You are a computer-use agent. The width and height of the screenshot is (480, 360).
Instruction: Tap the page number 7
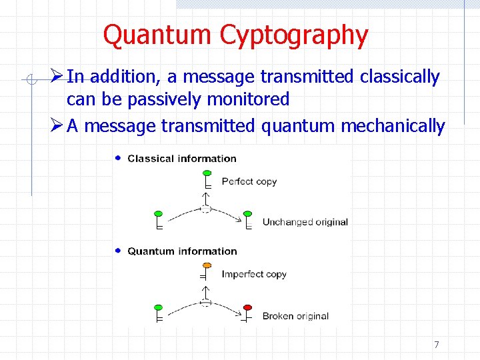(436, 345)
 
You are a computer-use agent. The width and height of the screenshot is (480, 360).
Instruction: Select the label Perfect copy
(249, 181)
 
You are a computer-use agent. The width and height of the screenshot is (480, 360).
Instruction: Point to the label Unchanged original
(305, 222)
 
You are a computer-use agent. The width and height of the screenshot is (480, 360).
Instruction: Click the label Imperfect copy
(253, 274)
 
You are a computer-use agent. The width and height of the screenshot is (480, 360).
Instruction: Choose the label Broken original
(295, 316)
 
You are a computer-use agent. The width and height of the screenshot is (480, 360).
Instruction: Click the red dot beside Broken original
(248, 307)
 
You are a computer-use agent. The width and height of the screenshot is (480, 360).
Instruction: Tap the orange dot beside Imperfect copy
(207, 265)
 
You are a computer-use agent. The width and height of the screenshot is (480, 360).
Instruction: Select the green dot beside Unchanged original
(248, 214)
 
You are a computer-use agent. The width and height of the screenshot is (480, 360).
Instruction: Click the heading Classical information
(181, 159)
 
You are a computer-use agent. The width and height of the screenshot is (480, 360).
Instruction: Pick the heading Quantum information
(182, 251)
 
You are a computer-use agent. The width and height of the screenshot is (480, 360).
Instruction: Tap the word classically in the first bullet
(399, 77)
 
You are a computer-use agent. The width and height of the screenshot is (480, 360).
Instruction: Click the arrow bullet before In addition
(57, 77)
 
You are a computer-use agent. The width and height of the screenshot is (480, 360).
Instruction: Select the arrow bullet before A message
(57, 125)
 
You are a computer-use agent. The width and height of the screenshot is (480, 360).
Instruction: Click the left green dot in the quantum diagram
(158, 307)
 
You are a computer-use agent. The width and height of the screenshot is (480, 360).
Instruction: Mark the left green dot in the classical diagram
(158, 214)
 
